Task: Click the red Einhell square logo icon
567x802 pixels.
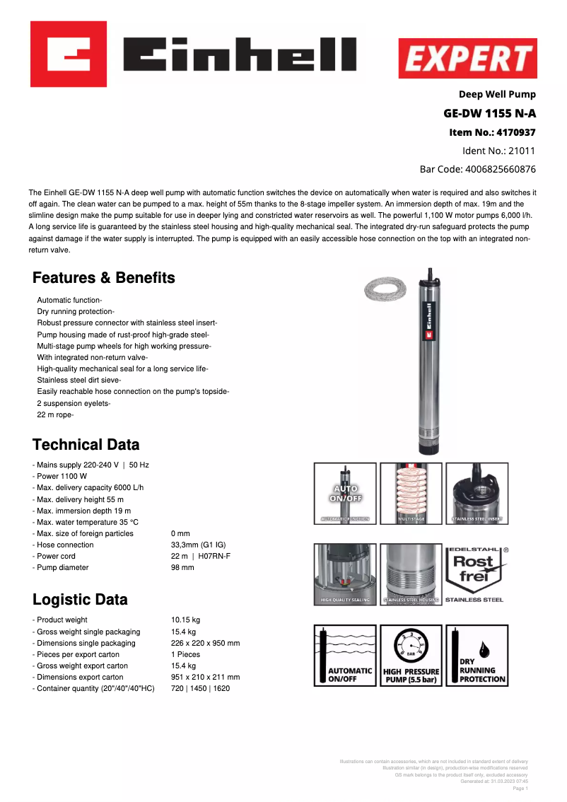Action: pos(69,54)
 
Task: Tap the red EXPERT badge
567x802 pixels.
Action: pos(467,58)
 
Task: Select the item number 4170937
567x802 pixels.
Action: pos(516,132)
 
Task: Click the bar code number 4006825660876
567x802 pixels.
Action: pos(500,169)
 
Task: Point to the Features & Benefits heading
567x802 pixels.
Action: pos(104,278)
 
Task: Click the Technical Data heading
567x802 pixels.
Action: pos(86,445)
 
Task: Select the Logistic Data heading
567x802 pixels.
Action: pos(80,600)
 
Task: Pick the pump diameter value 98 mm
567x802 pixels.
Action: pos(182,568)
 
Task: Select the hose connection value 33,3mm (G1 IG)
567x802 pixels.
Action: pos(198,545)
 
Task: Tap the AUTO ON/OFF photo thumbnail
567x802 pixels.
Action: pos(344,494)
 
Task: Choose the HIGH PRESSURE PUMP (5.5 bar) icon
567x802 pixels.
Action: pos(411,656)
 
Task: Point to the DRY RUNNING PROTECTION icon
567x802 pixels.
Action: pos(477,656)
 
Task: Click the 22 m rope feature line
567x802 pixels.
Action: pos(55,415)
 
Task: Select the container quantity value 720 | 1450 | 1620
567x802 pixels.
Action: pos(200,688)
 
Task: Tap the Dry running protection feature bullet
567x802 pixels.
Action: pos(75,312)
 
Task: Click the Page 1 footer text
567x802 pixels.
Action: pos(520,788)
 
